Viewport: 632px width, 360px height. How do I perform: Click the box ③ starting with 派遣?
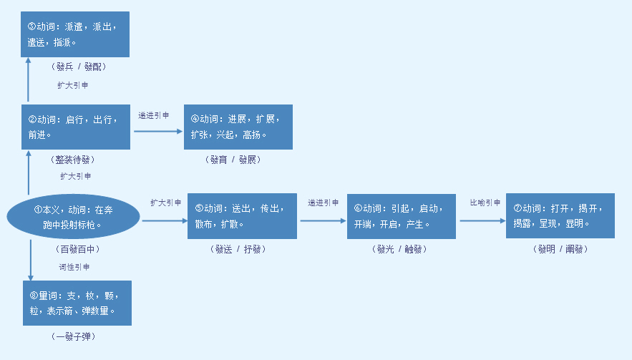click(75, 34)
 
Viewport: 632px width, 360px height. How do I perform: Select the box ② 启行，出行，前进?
click(75, 127)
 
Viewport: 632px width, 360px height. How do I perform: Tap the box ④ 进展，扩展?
click(238, 127)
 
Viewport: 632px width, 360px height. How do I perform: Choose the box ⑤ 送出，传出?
click(242, 215)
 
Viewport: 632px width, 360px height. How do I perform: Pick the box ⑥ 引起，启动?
click(401, 215)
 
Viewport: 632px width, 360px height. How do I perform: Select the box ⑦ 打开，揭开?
click(560, 215)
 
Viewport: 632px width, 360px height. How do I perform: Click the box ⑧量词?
click(77, 303)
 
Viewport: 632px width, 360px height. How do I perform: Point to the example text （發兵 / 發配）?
click(79, 67)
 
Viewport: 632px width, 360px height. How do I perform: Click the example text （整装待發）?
click(74, 159)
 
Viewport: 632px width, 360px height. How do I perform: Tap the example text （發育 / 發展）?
click(236, 159)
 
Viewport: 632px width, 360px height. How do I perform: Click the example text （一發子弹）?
click(74, 336)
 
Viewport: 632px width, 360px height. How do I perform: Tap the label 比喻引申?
click(485, 203)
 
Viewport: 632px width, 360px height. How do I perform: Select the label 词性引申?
click(74, 267)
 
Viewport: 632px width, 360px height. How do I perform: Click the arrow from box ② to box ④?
click(157, 130)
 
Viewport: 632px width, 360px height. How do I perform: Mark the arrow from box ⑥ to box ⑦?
click(482, 220)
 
